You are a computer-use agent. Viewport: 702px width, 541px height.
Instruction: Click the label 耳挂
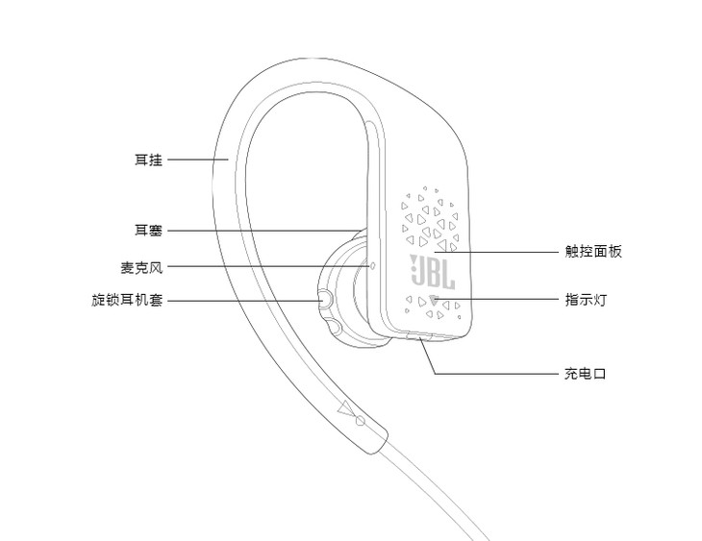point(148,160)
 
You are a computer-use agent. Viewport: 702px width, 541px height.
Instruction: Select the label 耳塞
point(148,231)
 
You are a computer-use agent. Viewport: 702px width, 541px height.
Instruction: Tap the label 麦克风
point(141,266)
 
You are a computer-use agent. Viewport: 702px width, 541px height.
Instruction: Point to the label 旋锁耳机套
point(127,300)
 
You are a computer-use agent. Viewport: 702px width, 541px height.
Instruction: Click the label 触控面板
point(593,252)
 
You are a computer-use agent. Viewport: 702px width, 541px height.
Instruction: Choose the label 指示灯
point(586,300)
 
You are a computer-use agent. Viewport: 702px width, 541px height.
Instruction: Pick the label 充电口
point(586,373)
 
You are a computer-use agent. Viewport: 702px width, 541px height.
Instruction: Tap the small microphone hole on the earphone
point(372,266)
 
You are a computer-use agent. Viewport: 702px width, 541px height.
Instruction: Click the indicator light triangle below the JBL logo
point(434,301)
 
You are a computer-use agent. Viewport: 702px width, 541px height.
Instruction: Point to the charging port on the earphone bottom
point(423,337)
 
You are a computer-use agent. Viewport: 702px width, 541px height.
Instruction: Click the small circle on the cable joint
point(361,420)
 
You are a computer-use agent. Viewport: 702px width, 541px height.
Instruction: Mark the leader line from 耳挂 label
point(197,160)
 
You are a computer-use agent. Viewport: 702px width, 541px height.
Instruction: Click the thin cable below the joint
point(433,500)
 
